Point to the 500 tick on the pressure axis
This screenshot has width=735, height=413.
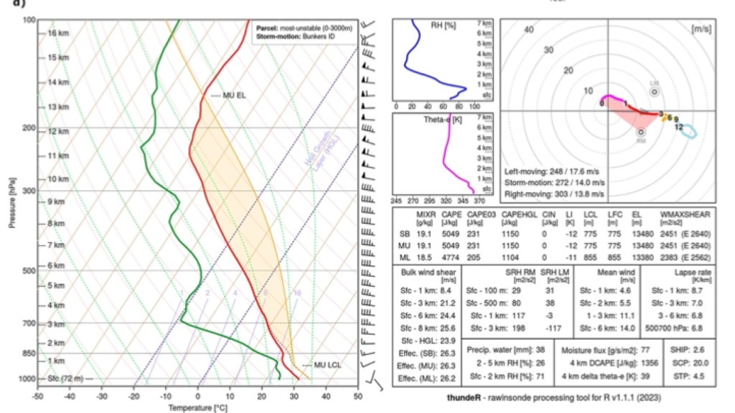pyautogui.click(x=28, y=271)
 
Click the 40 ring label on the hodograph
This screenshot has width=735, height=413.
pyautogui.click(x=530, y=30)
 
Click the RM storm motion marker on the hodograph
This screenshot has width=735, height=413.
pyautogui.click(x=641, y=132)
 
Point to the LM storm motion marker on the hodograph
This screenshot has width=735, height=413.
pyautogui.click(x=654, y=92)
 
